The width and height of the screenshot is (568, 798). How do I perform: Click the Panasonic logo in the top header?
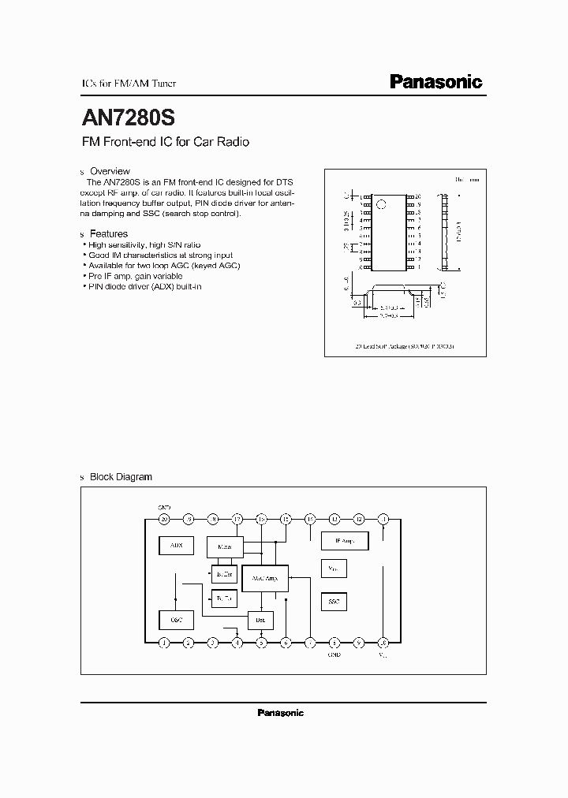click(x=436, y=81)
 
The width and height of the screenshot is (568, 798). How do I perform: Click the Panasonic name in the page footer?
click(x=280, y=713)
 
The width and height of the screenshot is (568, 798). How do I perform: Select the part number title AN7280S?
click(x=129, y=117)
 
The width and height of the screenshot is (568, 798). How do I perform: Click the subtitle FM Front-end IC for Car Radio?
click(x=166, y=143)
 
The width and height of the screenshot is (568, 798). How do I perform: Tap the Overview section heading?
click(x=110, y=171)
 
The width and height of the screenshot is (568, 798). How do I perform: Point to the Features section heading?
click(x=109, y=233)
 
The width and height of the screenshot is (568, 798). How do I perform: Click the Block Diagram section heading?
click(x=121, y=477)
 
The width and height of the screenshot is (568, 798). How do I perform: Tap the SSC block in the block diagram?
click(x=334, y=602)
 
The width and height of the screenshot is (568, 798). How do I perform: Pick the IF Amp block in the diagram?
click(x=345, y=540)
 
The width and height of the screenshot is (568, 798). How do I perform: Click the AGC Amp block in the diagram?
click(x=265, y=579)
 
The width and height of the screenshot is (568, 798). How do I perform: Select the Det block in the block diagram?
click(x=261, y=621)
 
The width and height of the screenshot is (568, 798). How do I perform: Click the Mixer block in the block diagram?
click(x=225, y=546)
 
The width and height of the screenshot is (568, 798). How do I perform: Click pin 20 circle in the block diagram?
click(x=164, y=519)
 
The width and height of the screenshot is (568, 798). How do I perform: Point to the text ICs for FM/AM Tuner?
click(x=129, y=84)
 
